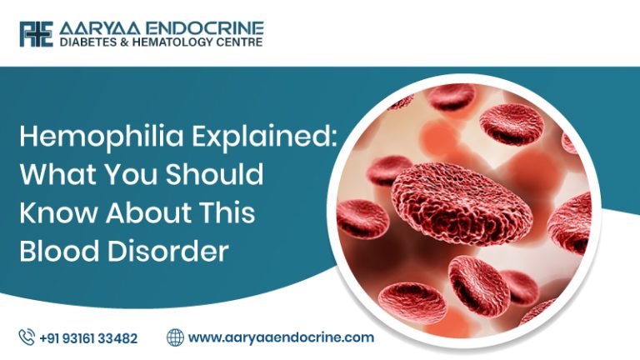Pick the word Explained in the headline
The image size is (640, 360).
[267, 139]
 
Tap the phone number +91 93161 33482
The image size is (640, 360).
[88, 338]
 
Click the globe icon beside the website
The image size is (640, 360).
[175, 337]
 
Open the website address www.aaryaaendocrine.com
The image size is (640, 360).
[281, 338]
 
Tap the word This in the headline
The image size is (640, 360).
[225, 213]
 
